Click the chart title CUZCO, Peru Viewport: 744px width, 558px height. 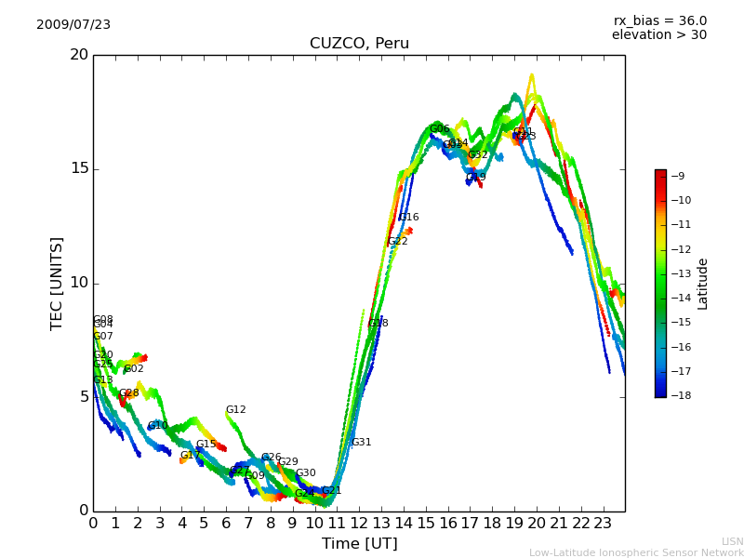click(x=359, y=44)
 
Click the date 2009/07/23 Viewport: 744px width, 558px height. click(x=73, y=24)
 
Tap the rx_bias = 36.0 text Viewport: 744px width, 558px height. click(x=659, y=21)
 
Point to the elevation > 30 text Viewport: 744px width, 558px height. click(x=658, y=35)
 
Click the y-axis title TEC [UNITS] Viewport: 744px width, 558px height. click(x=58, y=283)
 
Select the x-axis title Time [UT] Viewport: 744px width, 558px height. click(x=359, y=543)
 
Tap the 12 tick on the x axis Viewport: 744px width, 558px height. click(x=359, y=524)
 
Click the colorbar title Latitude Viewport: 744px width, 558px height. click(x=703, y=284)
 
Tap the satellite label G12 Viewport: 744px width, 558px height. click(x=236, y=410)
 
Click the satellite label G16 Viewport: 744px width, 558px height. click(x=409, y=218)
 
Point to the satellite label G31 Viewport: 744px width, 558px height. click(x=362, y=443)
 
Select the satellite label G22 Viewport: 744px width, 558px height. click(x=398, y=242)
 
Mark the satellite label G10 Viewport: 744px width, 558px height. click(x=158, y=426)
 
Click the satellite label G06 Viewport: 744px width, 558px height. click(x=440, y=129)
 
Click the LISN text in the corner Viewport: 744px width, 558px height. click(x=732, y=541)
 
